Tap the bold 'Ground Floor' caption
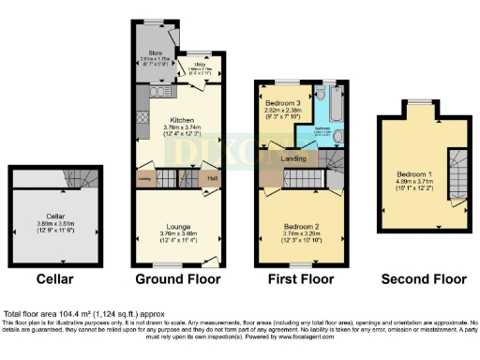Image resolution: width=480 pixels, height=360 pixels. pos(177,278)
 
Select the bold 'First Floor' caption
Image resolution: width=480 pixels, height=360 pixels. pos(293,278)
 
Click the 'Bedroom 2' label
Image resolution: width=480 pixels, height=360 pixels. pos(294,226)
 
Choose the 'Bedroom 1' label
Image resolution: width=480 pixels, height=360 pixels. pos(414,174)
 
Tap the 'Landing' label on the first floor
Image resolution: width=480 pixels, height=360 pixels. pos(294,159)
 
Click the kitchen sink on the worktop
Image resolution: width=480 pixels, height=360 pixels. pos(156,93)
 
